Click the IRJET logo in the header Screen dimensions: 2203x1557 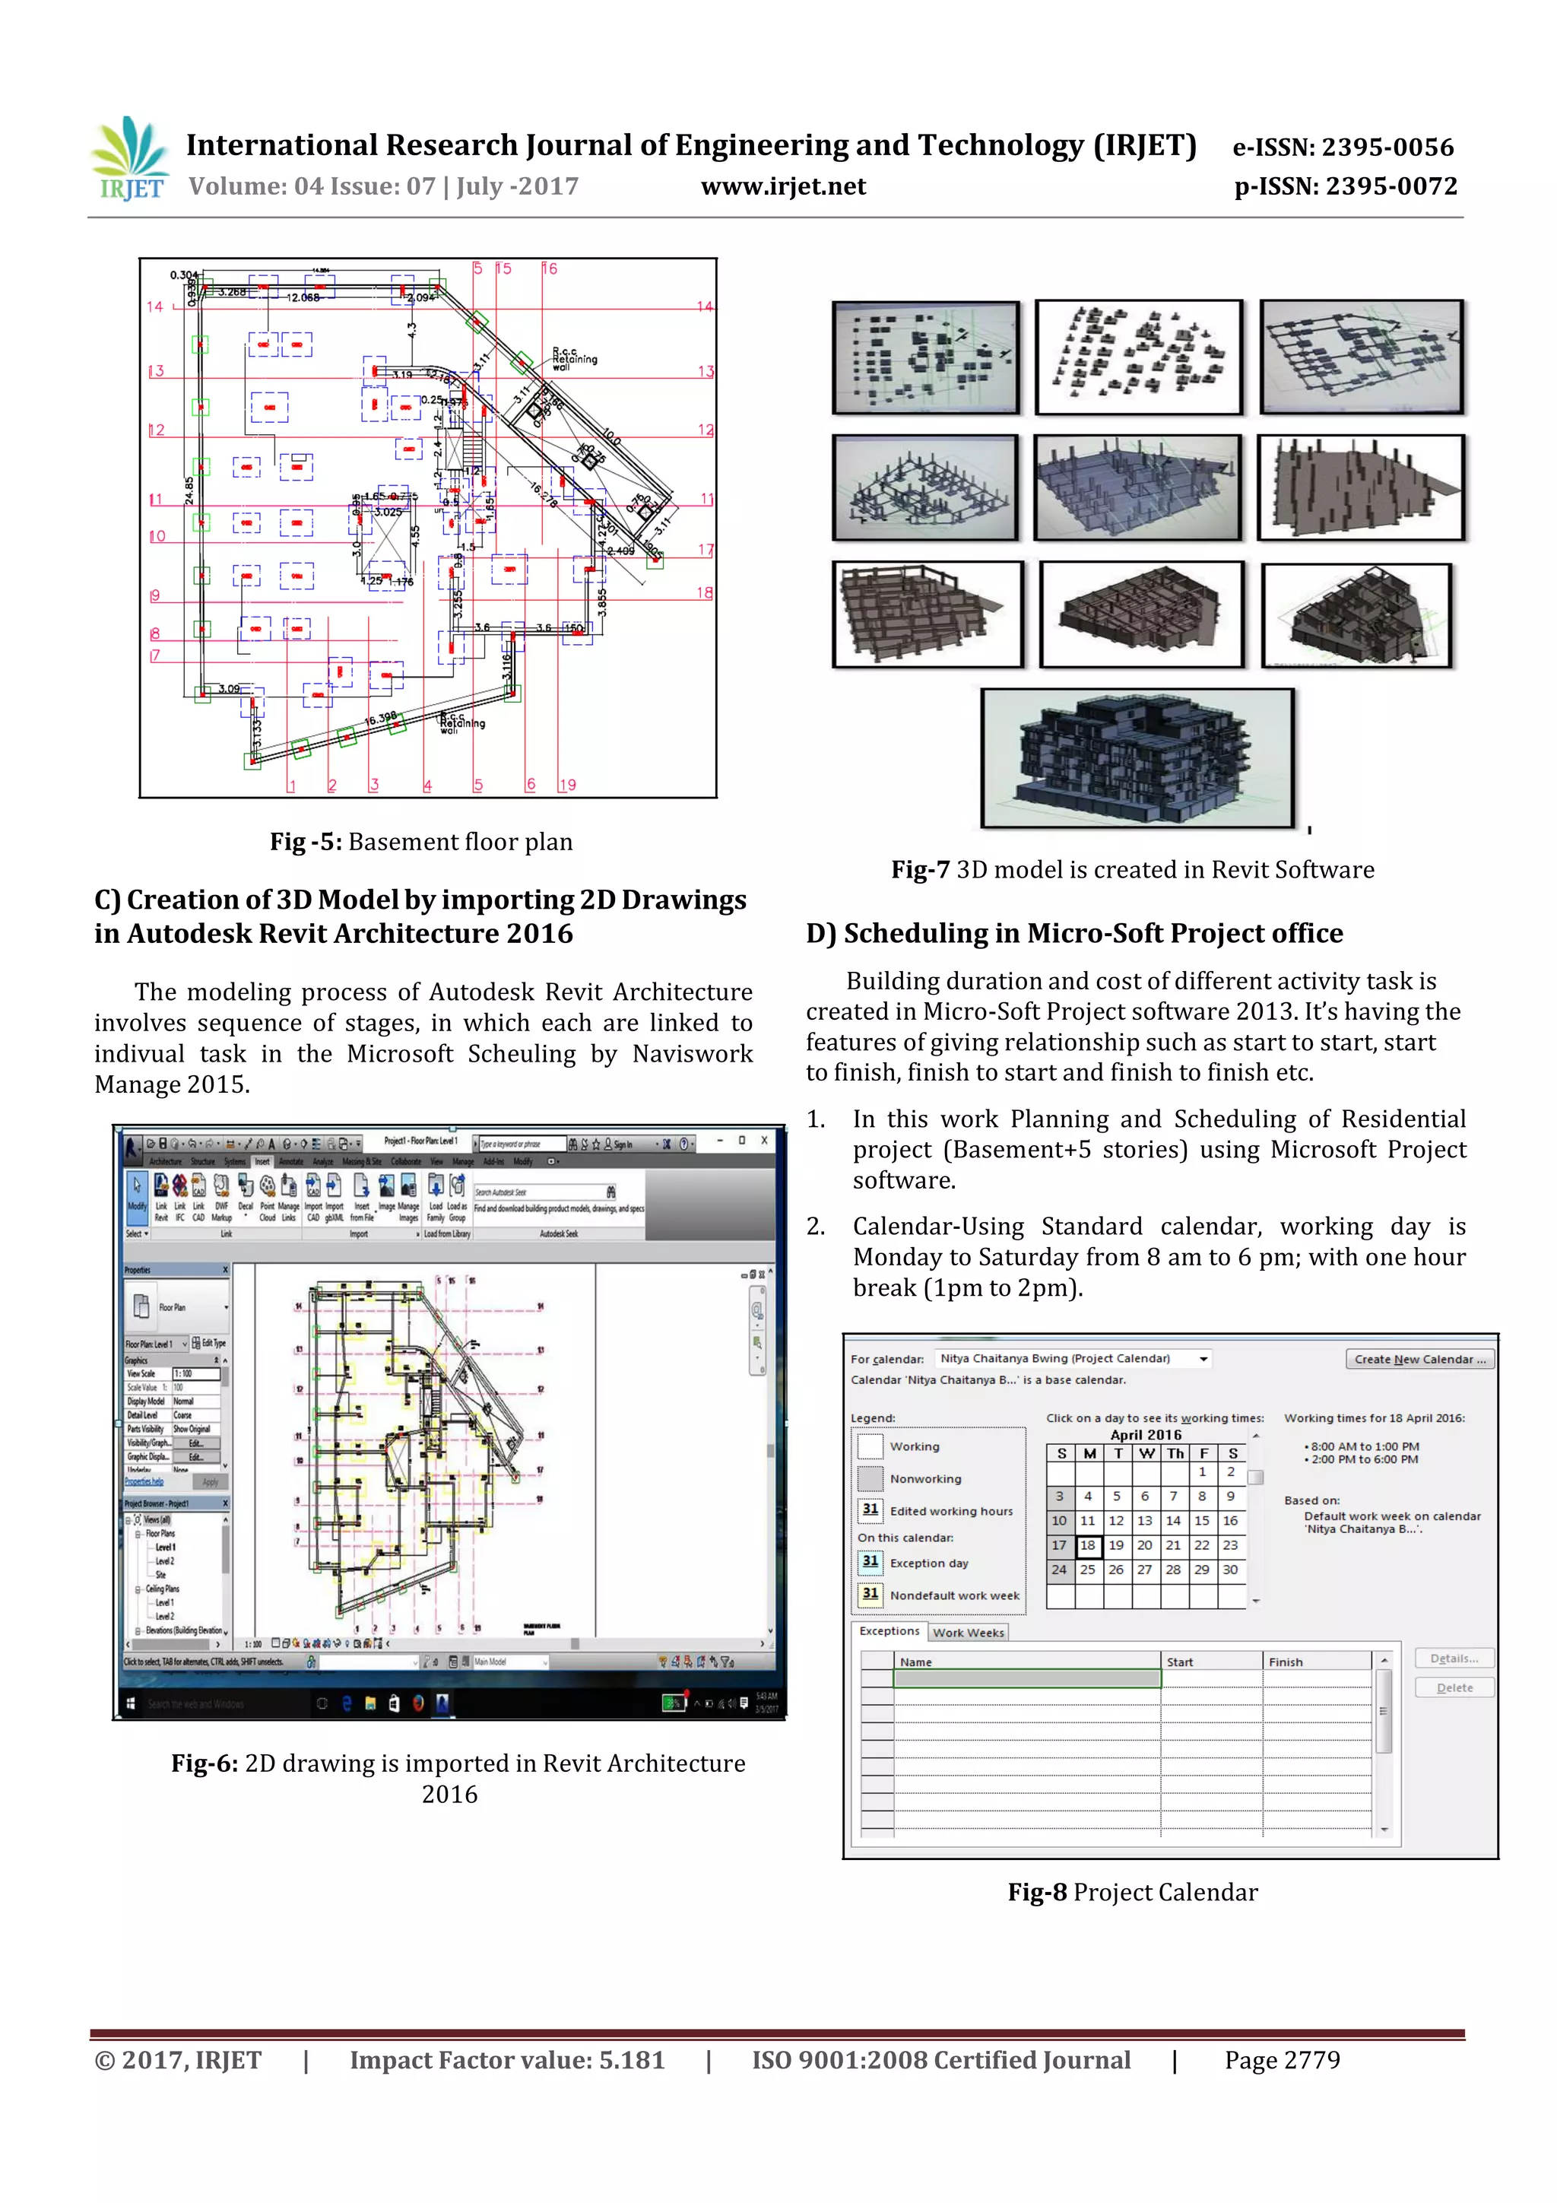131,159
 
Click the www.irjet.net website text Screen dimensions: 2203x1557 783,186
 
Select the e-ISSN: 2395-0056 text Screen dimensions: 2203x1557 1343,147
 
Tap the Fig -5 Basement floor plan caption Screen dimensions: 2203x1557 420,842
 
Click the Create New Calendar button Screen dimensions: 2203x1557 1419,1359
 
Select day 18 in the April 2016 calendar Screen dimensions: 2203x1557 1087,1544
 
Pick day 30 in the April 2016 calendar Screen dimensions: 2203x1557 1230,1570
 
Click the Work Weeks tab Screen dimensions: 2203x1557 968,1632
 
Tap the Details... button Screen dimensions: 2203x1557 1454,1658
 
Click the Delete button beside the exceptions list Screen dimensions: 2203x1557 1454,1687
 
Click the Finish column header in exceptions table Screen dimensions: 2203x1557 1286,1662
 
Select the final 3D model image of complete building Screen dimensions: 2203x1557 1137,758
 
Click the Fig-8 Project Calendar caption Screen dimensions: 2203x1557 1132,1892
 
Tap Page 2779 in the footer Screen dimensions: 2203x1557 1282,2060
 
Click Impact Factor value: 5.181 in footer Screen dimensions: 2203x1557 506,2060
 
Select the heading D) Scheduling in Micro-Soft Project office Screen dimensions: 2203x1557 1073,932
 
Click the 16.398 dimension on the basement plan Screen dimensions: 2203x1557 381,718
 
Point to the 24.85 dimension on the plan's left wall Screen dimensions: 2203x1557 190,489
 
